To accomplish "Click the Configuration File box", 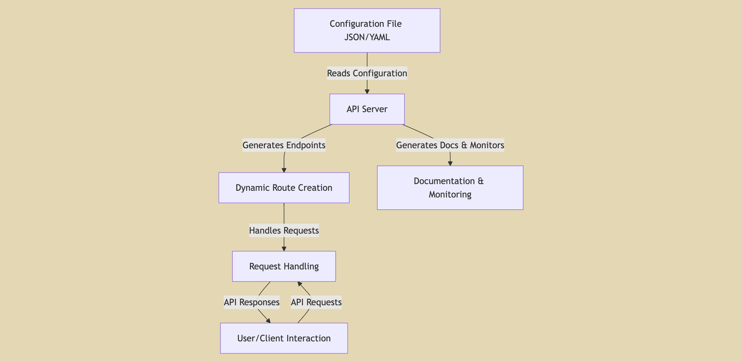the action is [x=367, y=30].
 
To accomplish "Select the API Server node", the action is [x=367, y=109].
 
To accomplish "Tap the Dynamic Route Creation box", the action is [x=284, y=188].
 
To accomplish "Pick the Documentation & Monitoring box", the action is [x=450, y=188].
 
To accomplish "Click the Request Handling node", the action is [x=284, y=266].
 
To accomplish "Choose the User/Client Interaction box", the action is [x=284, y=338].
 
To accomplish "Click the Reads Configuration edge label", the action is [x=367, y=73].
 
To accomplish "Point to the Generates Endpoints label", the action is [x=284, y=145].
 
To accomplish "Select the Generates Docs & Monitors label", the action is [x=450, y=145].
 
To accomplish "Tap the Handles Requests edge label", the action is [x=284, y=231].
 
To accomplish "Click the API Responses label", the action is [x=252, y=302].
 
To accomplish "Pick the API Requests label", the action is [x=316, y=302].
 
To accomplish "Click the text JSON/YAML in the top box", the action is [x=367, y=37].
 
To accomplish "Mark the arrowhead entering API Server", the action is [x=367, y=92].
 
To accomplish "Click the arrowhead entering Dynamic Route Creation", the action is [x=284, y=170].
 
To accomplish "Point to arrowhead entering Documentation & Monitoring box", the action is [x=450, y=163].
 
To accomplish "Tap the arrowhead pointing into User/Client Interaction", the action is [x=268, y=321].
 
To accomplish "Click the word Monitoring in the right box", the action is [x=450, y=195].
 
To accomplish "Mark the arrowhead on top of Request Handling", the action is [x=284, y=249].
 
